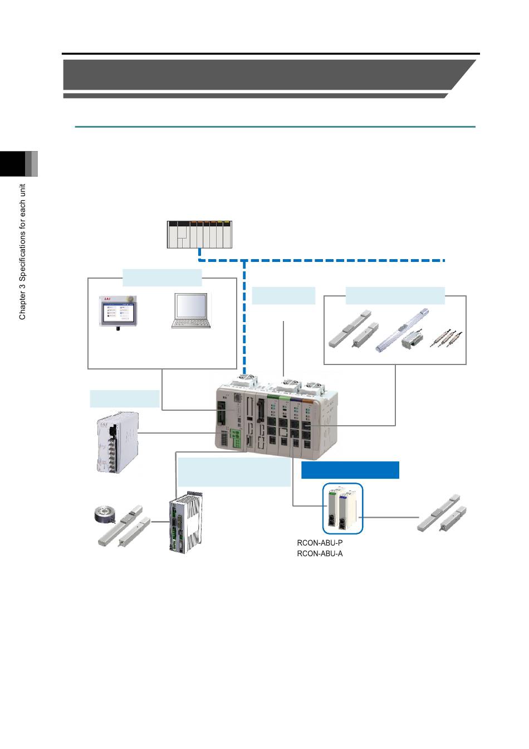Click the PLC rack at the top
click(199, 235)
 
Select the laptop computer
click(191, 310)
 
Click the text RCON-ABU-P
click(320, 542)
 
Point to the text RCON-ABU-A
click(320, 553)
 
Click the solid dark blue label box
click(350, 470)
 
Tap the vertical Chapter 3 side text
click(22, 251)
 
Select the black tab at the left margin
click(13, 164)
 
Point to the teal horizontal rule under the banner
click(275, 127)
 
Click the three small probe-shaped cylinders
click(446, 338)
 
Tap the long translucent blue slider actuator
click(402, 330)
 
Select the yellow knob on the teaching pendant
click(131, 298)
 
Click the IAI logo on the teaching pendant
click(107, 299)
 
